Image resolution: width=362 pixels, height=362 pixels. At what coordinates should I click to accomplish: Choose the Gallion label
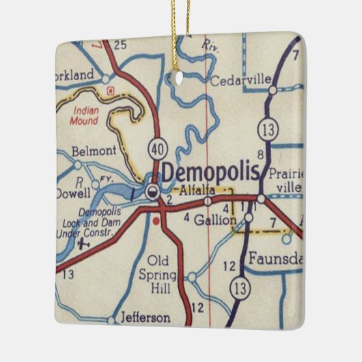214,220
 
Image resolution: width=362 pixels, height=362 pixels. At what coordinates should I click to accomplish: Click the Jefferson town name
144,318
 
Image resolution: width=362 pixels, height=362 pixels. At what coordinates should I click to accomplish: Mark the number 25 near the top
121,46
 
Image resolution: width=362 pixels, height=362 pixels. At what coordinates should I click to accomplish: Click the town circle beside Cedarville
273,89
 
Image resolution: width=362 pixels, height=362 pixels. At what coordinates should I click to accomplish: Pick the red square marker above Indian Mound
110,89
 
